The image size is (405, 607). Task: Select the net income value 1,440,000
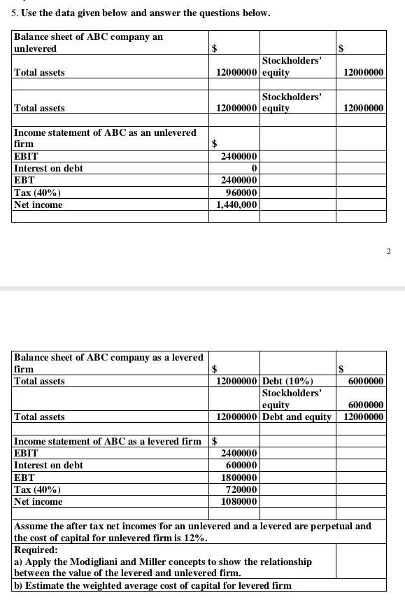pyautogui.click(x=237, y=204)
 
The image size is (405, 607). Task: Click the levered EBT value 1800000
pyautogui.click(x=240, y=477)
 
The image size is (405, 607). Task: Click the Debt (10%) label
pyautogui.click(x=287, y=381)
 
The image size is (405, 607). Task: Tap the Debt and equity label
pyautogui.click(x=297, y=417)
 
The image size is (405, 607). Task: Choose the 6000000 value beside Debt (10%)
pyautogui.click(x=365, y=381)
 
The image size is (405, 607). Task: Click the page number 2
pyautogui.click(x=395, y=251)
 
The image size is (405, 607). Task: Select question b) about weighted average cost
pyautogui.click(x=152, y=585)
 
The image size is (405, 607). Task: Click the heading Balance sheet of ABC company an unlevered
pyautogui.click(x=88, y=42)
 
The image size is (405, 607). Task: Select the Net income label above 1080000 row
pyautogui.click(x=38, y=501)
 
